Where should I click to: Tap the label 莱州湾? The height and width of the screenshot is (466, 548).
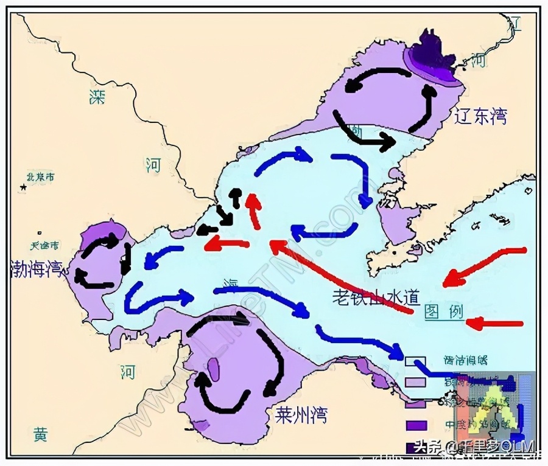point(301,416)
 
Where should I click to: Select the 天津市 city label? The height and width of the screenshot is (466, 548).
point(45,246)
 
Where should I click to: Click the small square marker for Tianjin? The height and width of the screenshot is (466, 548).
point(40,233)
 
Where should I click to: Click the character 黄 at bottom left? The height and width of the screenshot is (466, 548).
point(40,434)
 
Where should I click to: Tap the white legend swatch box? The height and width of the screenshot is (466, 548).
point(413,361)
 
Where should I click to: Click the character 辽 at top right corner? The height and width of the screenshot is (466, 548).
point(515,24)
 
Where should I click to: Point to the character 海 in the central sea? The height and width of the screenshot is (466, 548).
point(231,283)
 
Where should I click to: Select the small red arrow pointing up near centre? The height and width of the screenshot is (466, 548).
point(253,210)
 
